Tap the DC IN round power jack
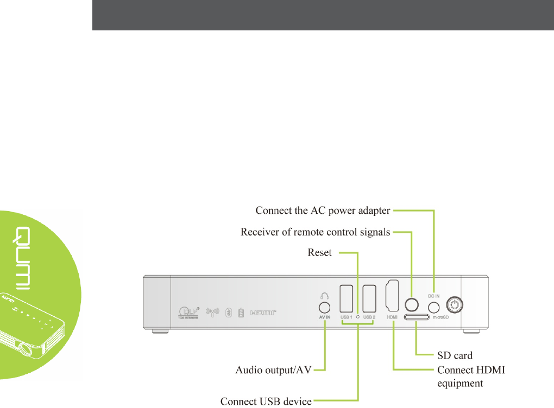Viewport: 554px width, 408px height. point(433,307)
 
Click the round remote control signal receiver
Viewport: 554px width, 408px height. point(412,304)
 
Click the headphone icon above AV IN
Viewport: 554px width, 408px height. point(324,296)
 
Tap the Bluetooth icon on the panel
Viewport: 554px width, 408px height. point(229,313)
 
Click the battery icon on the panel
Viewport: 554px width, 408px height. point(241,313)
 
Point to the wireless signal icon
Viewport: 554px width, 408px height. point(213,313)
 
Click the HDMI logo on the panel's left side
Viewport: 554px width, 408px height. point(263,313)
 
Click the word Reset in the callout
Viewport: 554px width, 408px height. point(319,253)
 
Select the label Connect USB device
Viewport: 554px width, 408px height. point(266,401)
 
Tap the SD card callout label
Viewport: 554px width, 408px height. point(455,355)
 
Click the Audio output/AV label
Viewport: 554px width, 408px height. point(274,371)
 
